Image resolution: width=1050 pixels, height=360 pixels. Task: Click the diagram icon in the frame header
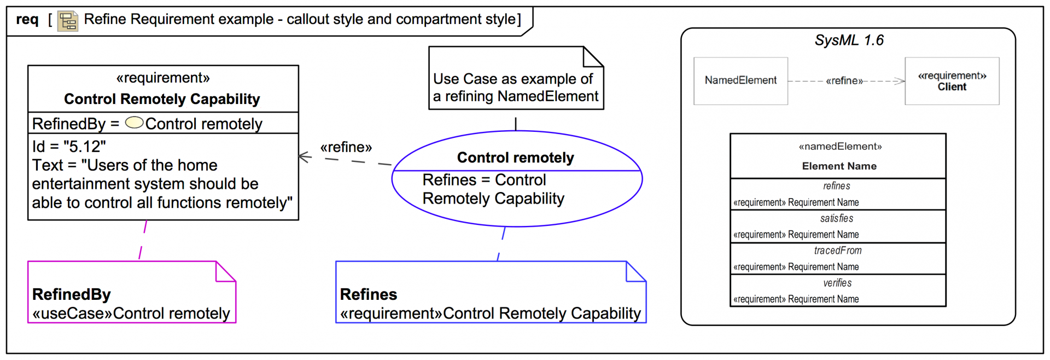(68, 21)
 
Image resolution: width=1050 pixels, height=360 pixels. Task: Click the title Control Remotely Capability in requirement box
(162, 99)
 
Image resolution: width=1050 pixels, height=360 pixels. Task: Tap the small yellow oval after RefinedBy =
(134, 123)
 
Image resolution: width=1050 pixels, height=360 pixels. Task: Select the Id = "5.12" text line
(69, 147)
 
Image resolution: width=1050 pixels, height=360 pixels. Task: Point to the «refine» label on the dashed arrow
(346, 147)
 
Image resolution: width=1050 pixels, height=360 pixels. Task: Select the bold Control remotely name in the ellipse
(515, 158)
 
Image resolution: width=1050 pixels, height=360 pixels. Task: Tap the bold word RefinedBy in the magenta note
(72, 294)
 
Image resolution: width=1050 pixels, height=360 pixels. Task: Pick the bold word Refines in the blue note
(369, 294)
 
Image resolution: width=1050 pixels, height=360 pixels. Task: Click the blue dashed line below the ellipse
(501, 243)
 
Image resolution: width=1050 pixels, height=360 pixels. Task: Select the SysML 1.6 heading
(849, 40)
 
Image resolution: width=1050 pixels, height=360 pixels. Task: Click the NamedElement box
(740, 80)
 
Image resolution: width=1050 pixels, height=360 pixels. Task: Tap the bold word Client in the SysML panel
(952, 87)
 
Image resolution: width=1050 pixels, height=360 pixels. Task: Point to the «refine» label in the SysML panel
(844, 81)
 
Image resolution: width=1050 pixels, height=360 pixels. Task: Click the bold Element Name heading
(839, 166)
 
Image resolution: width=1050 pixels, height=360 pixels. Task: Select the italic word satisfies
(836, 218)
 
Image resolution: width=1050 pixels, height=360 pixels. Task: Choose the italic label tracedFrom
(837, 251)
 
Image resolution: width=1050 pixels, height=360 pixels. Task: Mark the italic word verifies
(837, 283)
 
